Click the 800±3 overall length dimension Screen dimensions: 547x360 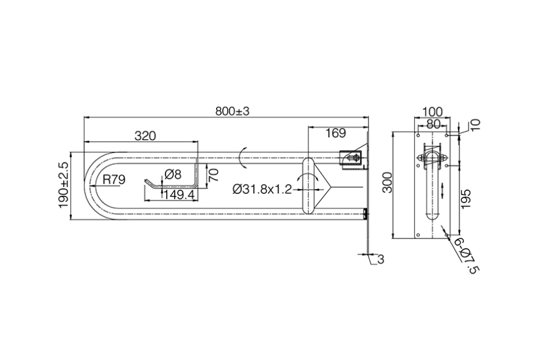tap(232, 111)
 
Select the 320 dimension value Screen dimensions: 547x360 tap(145, 136)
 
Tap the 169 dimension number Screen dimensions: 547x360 tap(336, 133)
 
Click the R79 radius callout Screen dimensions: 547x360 tap(114, 180)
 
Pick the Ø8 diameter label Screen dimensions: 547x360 tap(173, 174)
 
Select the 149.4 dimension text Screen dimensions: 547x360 tap(179, 195)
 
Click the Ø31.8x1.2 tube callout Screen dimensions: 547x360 tap(262, 190)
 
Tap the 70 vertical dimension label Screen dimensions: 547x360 tap(213, 175)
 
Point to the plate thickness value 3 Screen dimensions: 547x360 tap(380, 259)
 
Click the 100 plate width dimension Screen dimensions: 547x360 tap(432, 112)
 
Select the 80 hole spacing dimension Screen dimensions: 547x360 tap(433, 123)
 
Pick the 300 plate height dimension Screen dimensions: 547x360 tap(388, 182)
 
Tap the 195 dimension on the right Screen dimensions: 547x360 tap(466, 199)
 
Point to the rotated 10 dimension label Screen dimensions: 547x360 tap(475, 125)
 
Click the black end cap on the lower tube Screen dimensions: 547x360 tap(365, 214)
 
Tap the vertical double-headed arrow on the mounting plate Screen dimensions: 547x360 tap(443, 190)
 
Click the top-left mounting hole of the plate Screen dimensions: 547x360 tap(418, 135)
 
